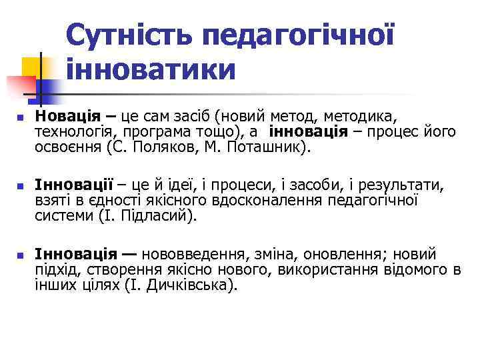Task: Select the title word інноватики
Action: tap(151, 69)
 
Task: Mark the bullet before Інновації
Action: tap(20, 185)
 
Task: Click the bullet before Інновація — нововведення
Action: tap(20, 255)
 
